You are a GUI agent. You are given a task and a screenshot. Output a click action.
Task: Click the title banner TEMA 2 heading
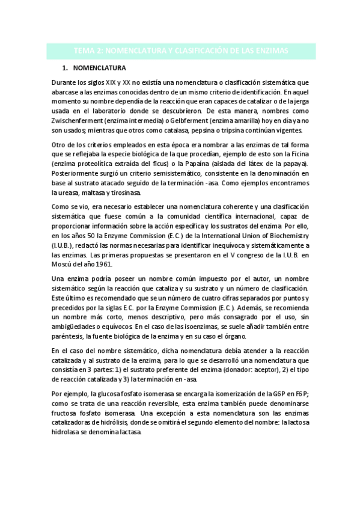tap(180, 50)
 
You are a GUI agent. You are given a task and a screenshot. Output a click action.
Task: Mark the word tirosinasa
tap(125, 192)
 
